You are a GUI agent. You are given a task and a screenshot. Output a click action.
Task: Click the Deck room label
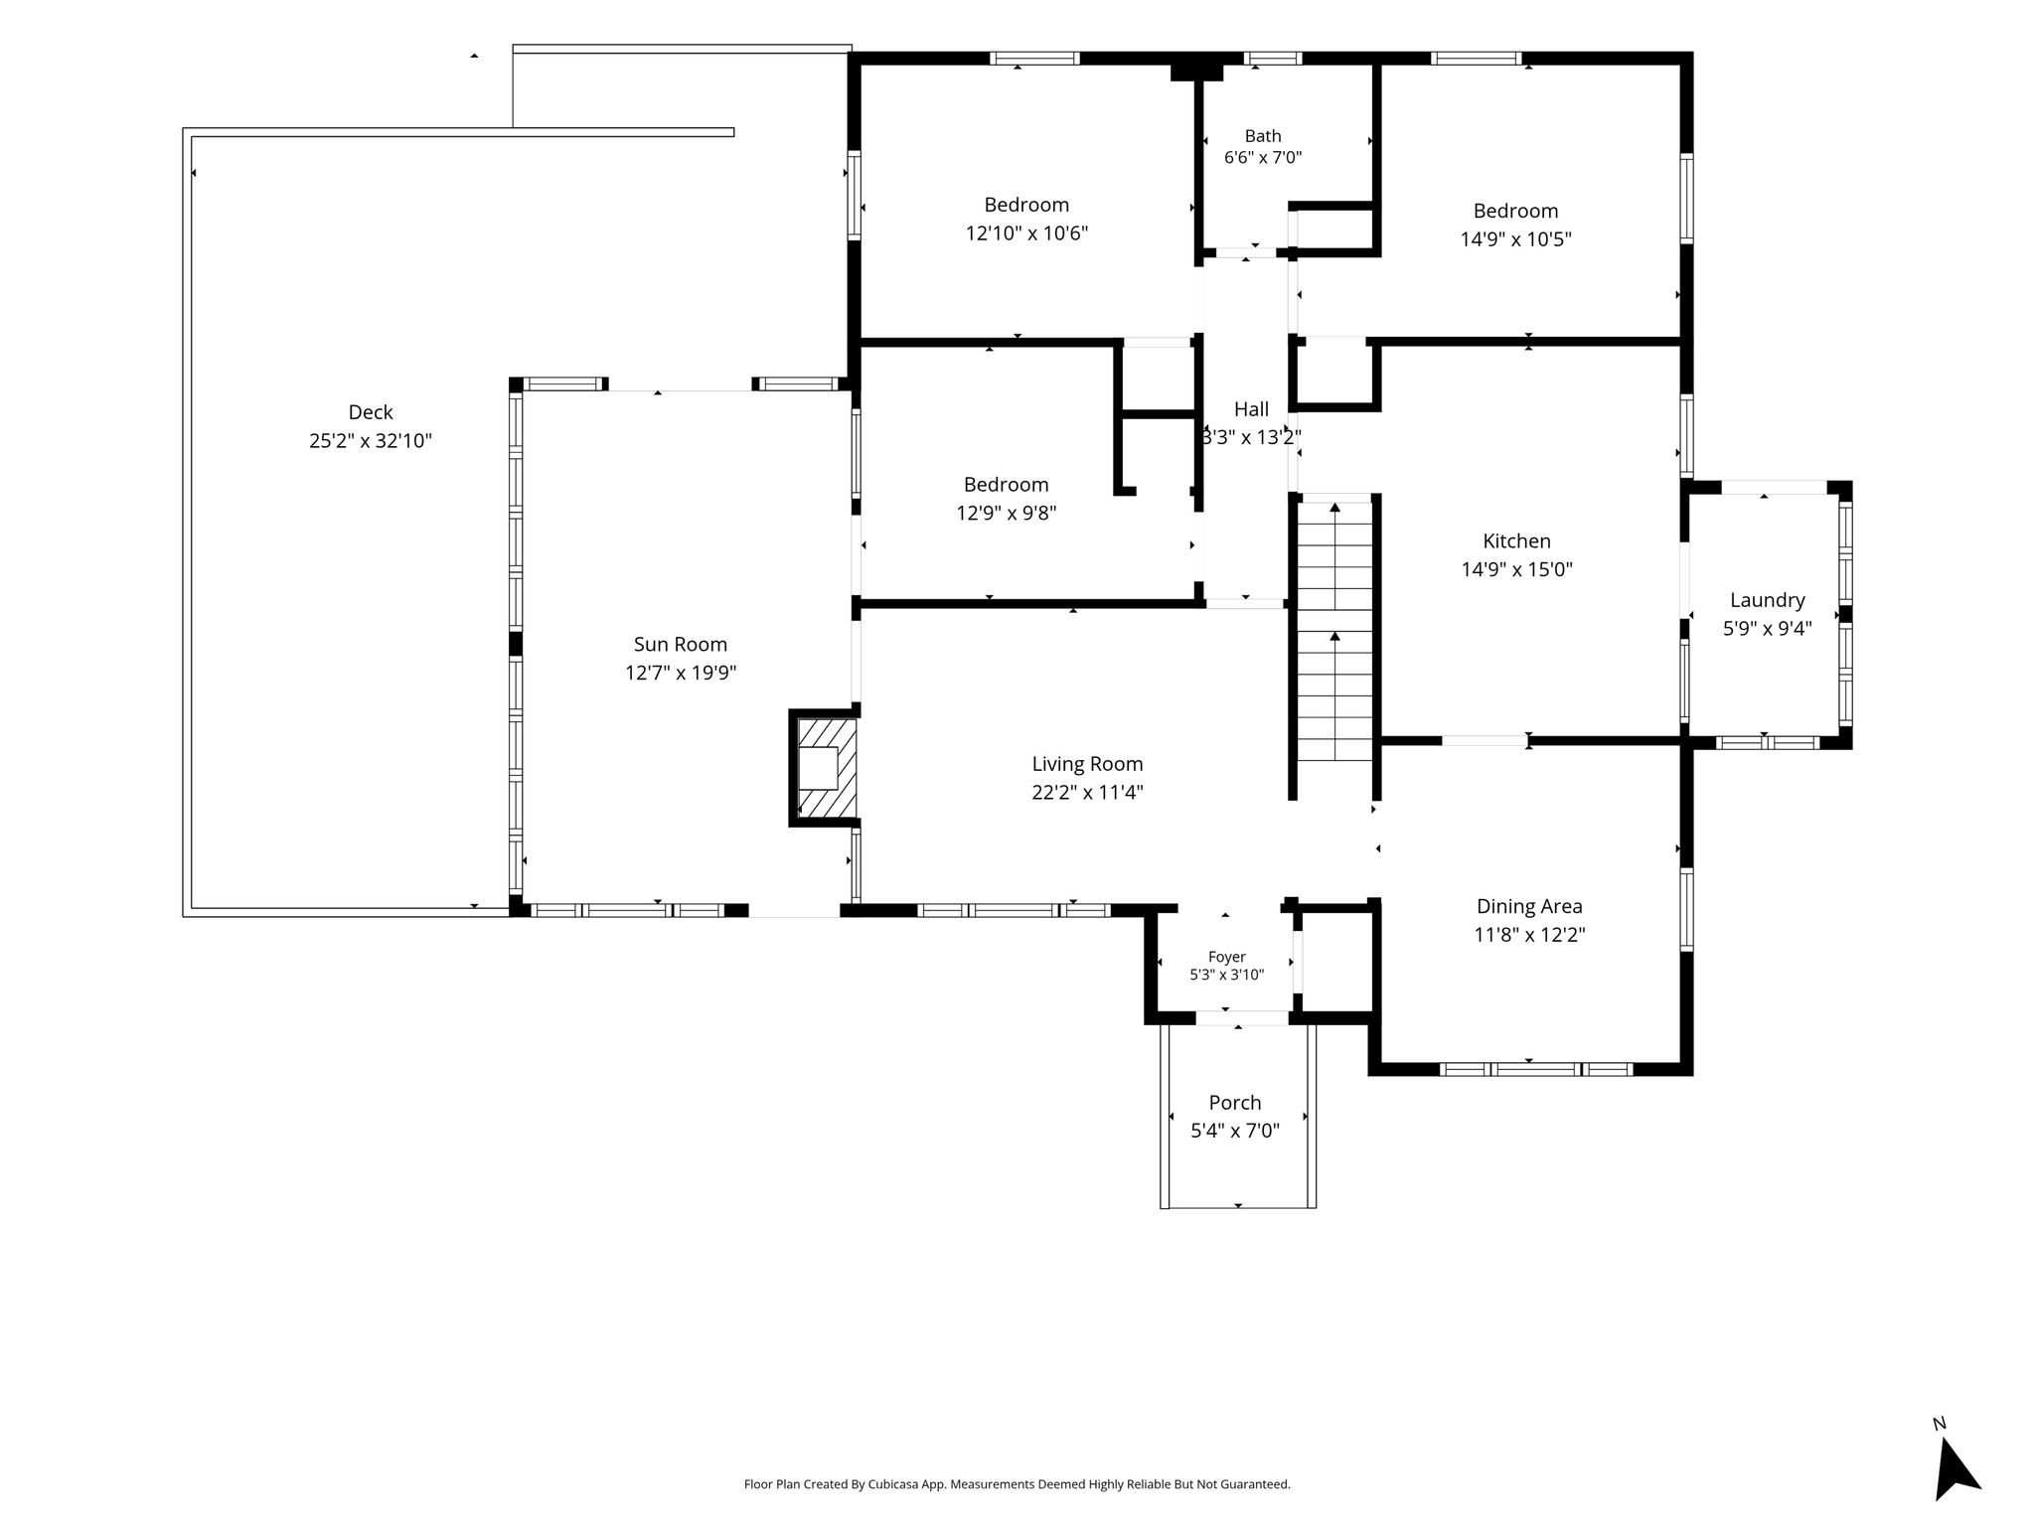pos(371,412)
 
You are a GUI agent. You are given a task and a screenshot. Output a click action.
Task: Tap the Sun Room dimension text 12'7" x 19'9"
pos(681,673)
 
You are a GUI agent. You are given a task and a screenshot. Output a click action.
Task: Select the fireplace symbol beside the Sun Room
pos(825,768)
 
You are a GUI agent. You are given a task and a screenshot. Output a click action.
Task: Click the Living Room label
pos(1087,764)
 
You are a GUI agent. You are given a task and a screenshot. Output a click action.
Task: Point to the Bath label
pos(1263,136)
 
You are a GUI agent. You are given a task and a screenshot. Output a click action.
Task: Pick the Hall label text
pos(1251,409)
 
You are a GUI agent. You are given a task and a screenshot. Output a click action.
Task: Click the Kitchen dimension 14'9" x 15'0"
pos(1516,569)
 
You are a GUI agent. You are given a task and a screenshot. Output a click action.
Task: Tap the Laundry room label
pos(1767,600)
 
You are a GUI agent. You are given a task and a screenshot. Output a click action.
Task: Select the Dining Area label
pos(1529,906)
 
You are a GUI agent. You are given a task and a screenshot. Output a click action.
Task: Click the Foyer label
pos(1227,957)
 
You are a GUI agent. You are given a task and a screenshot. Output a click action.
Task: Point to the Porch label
pos(1235,1103)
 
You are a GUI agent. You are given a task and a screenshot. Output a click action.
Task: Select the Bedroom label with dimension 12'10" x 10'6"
pos(1026,205)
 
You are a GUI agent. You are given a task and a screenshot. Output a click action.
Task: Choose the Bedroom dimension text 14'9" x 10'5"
pos(1515,239)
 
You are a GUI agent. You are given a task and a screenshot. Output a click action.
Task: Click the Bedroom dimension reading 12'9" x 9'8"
pos(1006,514)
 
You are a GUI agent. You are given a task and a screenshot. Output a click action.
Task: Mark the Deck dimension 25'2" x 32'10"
pos(371,441)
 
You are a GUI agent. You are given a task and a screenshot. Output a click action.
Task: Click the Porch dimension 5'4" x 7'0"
pos(1235,1131)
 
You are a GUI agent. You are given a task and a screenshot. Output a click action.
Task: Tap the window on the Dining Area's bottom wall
pos(1536,1069)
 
